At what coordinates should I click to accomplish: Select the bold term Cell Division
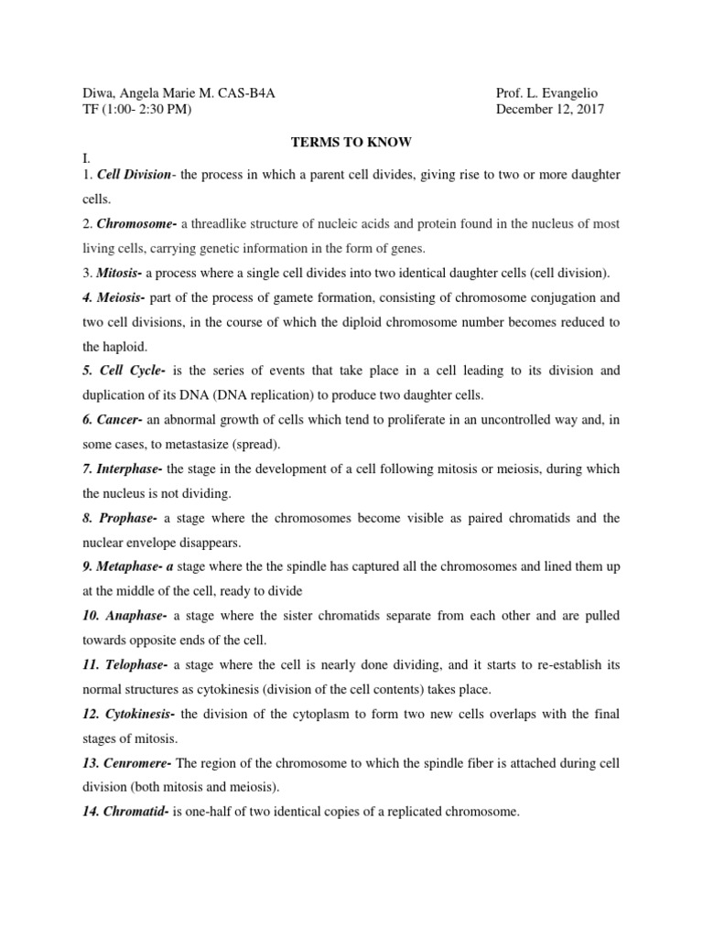(134, 174)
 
